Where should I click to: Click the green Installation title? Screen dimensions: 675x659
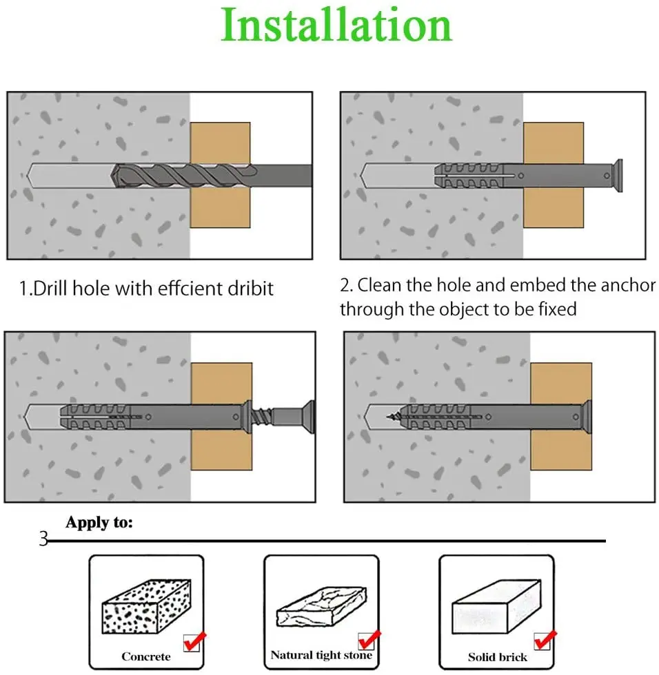pyautogui.click(x=336, y=25)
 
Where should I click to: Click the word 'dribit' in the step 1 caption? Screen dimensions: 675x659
pyautogui.click(x=248, y=287)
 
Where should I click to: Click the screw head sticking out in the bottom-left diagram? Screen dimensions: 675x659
pyautogui.click(x=310, y=417)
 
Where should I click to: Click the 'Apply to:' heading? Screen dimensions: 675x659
pyautogui.click(x=99, y=523)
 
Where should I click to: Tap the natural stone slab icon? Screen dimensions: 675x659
pyautogui.click(x=321, y=605)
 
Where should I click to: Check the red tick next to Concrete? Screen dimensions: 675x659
pyautogui.click(x=192, y=641)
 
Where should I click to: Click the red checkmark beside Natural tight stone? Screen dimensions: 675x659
pyautogui.click(x=369, y=638)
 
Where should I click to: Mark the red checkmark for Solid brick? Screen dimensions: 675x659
pyautogui.click(x=545, y=640)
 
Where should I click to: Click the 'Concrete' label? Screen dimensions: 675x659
pyautogui.click(x=145, y=656)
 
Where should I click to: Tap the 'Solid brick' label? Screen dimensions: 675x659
pyautogui.click(x=498, y=657)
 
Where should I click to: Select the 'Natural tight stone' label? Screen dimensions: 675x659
pyautogui.click(x=321, y=655)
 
